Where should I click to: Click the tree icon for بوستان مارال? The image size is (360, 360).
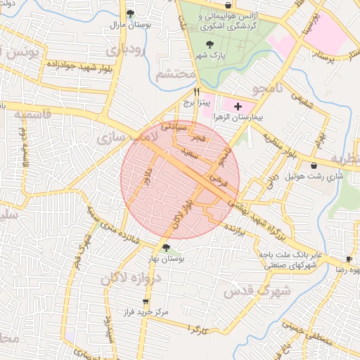click(x=129, y=13)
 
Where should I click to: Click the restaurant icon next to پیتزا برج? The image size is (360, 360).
click(x=197, y=91)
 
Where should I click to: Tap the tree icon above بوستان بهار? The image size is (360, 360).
click(x=165, y=247)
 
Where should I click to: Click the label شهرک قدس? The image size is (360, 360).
click(x=264, y=290)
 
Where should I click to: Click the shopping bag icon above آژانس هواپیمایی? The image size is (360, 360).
click(x=228, y=5)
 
